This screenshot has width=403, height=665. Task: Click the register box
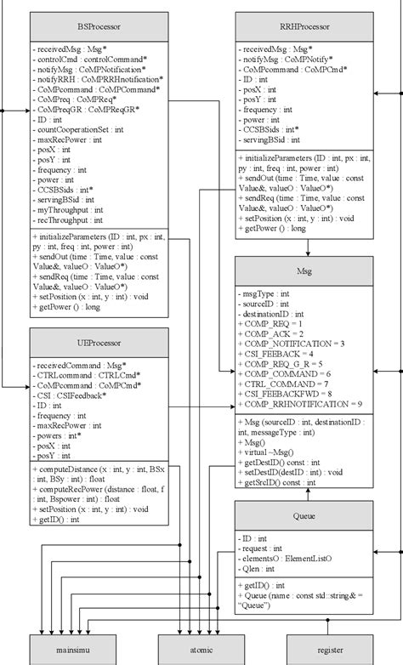(x=330, y=650)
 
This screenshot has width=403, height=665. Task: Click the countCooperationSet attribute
(x=79, y=128)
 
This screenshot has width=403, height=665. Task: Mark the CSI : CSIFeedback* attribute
(x=71, y=395)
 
